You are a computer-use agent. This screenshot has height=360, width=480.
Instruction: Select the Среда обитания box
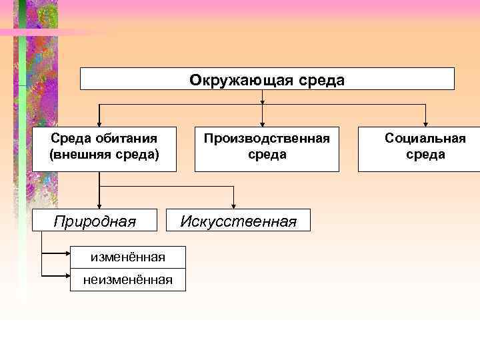[104, 148]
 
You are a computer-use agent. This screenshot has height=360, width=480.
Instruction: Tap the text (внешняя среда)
[104, 155]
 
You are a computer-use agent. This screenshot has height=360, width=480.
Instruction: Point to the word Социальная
[425, 139]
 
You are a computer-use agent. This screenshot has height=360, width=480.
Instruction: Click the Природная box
[95, 221]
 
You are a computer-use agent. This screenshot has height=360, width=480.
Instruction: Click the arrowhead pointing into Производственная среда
[263, 123]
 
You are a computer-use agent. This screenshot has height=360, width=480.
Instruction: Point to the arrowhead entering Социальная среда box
[426, 123]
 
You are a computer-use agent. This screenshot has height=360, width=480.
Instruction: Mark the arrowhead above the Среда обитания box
[99, 123]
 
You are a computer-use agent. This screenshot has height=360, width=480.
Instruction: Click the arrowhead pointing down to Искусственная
[234, 206]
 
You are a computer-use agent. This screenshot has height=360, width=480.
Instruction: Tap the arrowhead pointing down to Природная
[99, 206]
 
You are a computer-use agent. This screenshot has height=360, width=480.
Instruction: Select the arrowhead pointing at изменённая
[68, 254]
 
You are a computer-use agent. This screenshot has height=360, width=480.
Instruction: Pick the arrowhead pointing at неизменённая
[68, 275]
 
